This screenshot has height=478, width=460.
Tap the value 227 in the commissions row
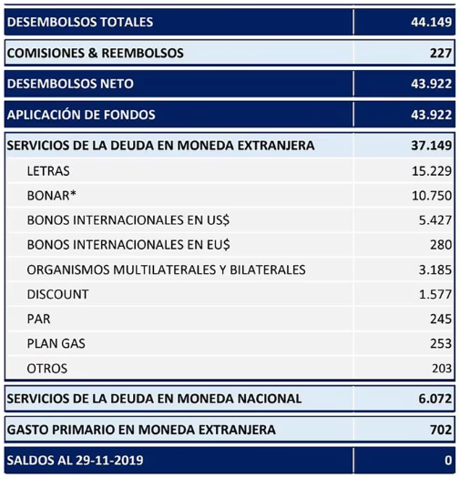point(440,53)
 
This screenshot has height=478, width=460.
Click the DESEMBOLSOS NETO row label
point(70,84)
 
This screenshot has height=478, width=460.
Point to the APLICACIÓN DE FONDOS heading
point(81,115)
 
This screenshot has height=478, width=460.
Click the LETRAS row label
point(48,171)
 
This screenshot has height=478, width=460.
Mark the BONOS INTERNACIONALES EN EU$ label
point(128,245)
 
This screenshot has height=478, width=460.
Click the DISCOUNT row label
point(57,294)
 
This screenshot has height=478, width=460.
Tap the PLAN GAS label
point(57,343)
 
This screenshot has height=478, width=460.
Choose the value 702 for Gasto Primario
point(440,429)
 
